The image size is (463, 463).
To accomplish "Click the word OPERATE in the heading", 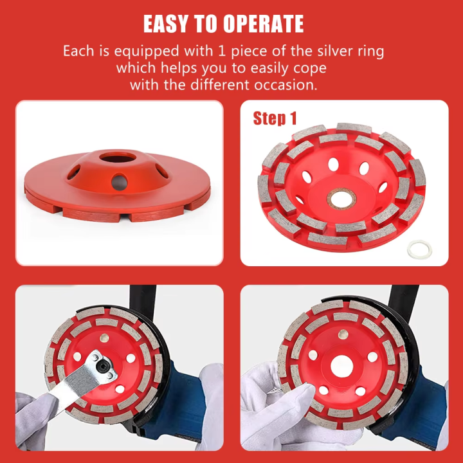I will tap(264, 24).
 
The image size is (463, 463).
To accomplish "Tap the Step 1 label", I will tap(275, 118).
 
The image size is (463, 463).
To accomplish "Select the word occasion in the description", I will tap(286, 85).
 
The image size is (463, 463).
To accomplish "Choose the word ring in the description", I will tap(386, 51).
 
